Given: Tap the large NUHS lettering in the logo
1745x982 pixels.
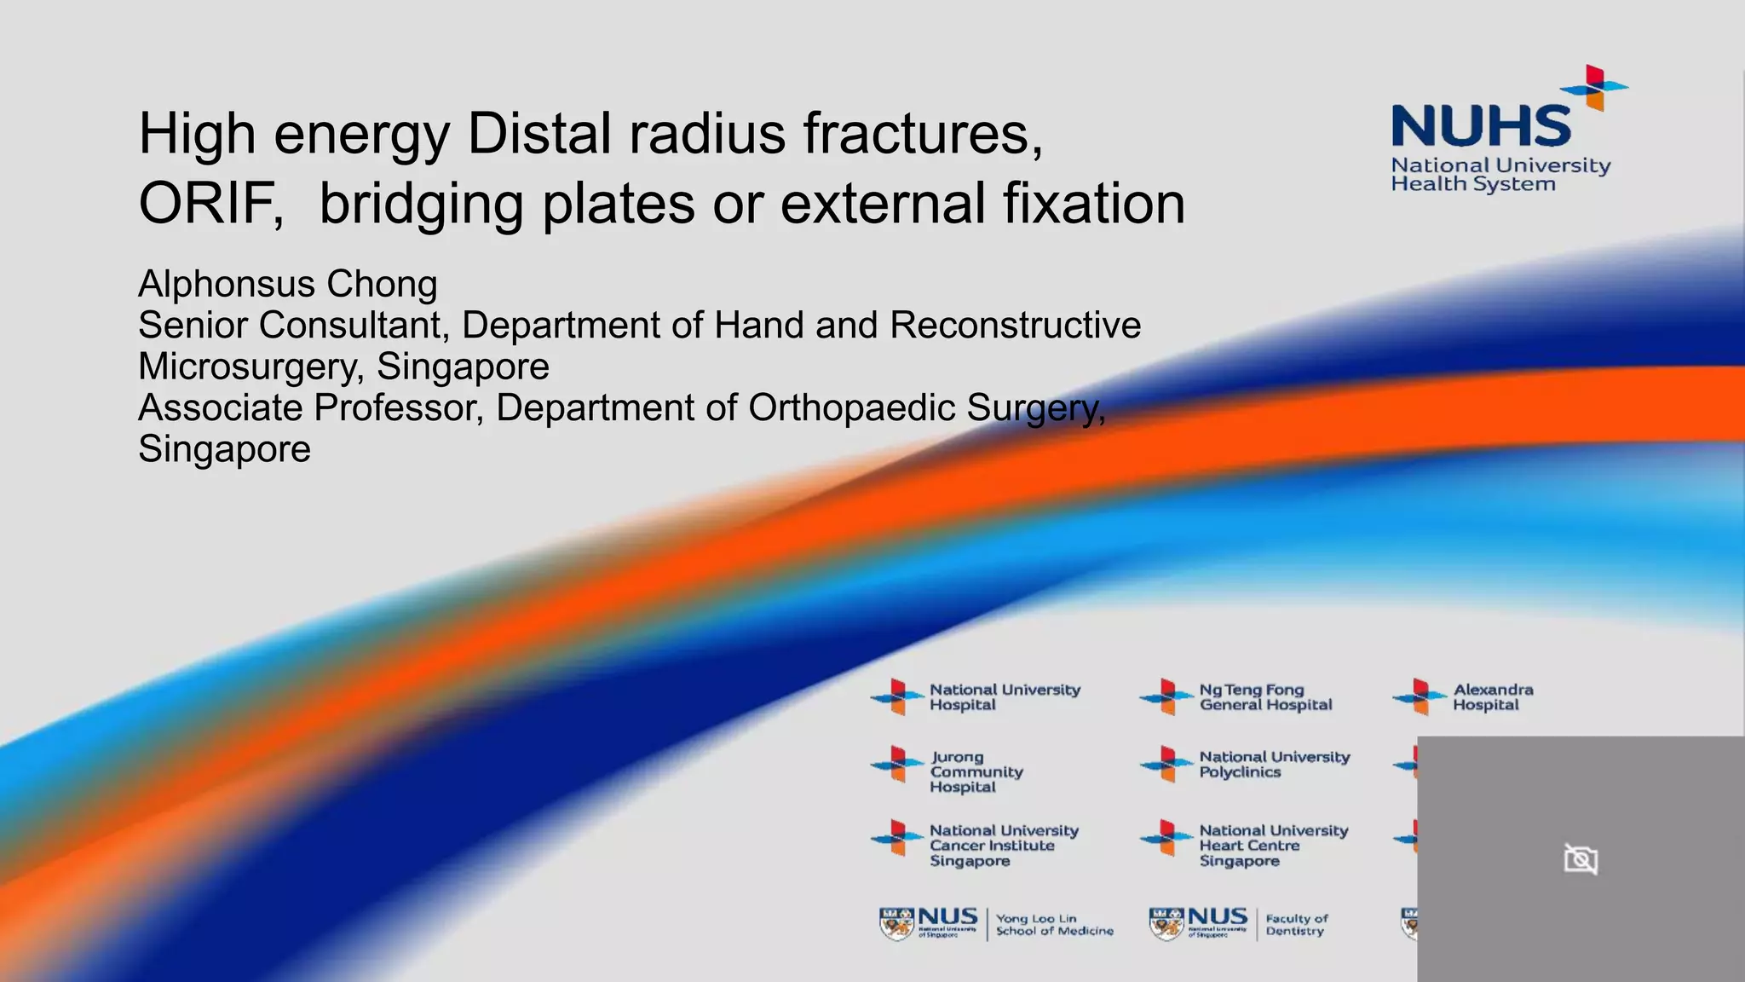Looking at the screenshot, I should click(x=1481, y=126).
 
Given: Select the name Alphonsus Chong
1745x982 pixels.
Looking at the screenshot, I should click(x=288, y=284).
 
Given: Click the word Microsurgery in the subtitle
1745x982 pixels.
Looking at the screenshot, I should click(x=251, y=367).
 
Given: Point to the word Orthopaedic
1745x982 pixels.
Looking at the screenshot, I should click(x=851, y=407).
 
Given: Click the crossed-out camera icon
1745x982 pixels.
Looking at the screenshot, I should click(x=1581, y=858).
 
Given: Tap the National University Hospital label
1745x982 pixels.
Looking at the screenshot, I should click(x=1004, y=697).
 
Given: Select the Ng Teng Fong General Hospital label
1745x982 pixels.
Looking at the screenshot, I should click(x=1264, y=697).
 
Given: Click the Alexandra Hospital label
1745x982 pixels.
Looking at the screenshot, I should click(x=1492, y=697).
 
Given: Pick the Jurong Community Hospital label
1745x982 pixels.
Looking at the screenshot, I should click(x=975, y=771).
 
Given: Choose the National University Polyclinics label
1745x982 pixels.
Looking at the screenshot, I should click(x=1273, y=764).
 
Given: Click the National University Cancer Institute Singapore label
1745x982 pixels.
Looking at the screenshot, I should click(x=1003, y=845).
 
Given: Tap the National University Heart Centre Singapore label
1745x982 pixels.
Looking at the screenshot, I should click(x=1273, y=845).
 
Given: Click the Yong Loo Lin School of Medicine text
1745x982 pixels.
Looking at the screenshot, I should click(x=1053, y=925).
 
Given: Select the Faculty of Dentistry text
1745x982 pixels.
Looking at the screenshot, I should click(x=1296, y=925).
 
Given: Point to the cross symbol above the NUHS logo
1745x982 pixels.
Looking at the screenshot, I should click(x=1594, y=87).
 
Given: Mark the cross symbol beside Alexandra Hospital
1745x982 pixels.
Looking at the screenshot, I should click(x=1419, y=696).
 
